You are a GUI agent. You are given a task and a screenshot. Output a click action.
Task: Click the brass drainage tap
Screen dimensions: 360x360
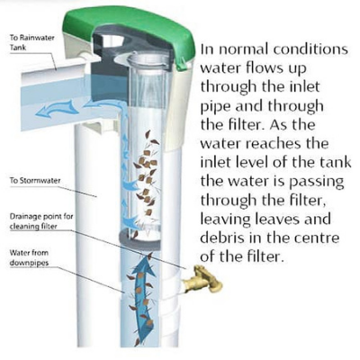point(204,279)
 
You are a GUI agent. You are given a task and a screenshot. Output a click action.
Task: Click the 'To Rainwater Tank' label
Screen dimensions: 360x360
point(31,42)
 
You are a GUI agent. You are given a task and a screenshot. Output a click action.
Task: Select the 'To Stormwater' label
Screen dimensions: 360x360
point(35,181)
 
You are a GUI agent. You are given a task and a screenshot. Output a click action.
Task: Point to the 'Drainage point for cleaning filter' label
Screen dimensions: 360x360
point(41,221)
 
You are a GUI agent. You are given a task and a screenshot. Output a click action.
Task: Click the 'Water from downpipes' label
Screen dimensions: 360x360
point(29,257)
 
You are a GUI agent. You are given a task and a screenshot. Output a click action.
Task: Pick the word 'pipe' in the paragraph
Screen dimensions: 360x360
point(215,107)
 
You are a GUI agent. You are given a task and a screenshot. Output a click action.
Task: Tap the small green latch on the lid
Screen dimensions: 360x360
point(182,65)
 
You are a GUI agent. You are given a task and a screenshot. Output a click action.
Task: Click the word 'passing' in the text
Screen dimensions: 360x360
point(316,183)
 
